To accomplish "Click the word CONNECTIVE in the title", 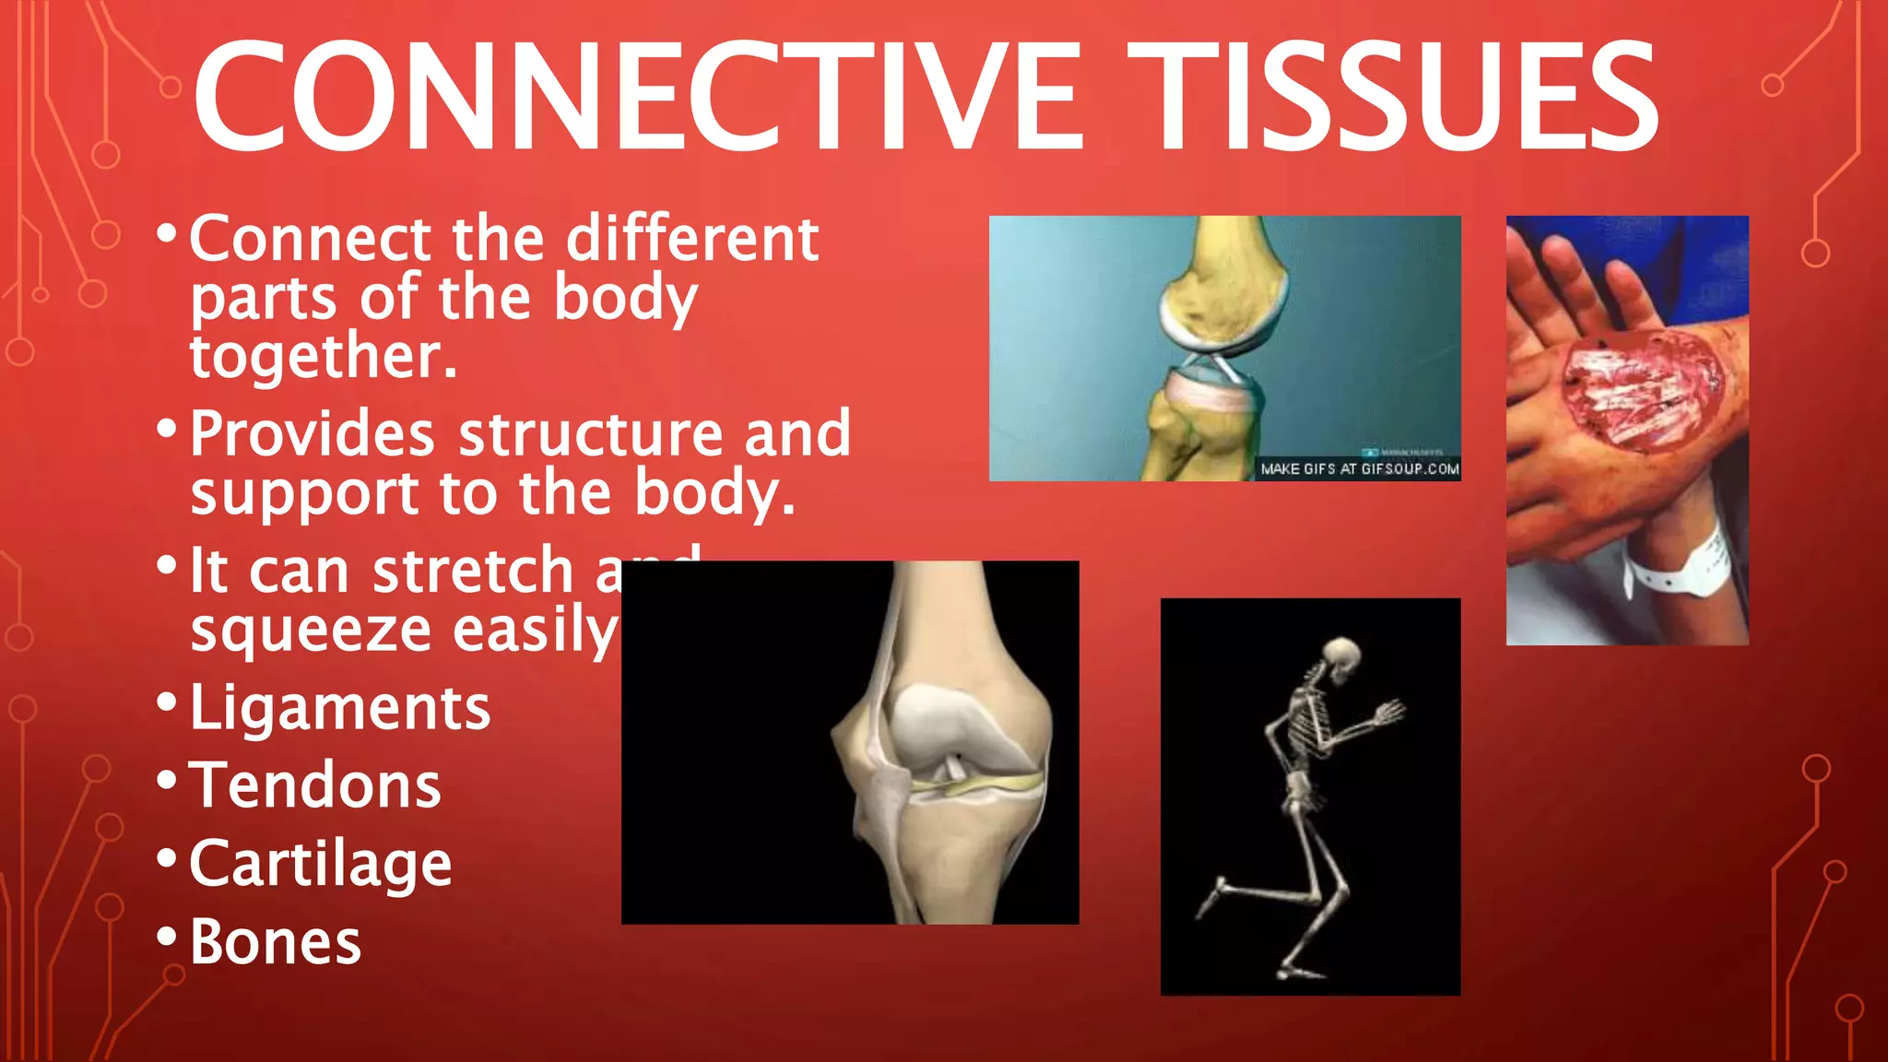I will tap(636, 97).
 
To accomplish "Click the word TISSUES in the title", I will tap(1392, 97).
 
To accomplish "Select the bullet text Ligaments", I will tap(339, 708).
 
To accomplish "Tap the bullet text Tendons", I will tap(315, 785).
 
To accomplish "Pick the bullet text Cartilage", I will tap(320, 864).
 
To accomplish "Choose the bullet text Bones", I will tap(275, 941).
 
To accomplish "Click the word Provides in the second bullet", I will tap(312, 434).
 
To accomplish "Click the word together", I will tap(323, 356).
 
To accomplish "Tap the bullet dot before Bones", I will tap(167, 937).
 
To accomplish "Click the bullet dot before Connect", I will tap(167, 232).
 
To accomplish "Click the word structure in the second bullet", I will tap(590, 434).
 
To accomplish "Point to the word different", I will tap(691, 239).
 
